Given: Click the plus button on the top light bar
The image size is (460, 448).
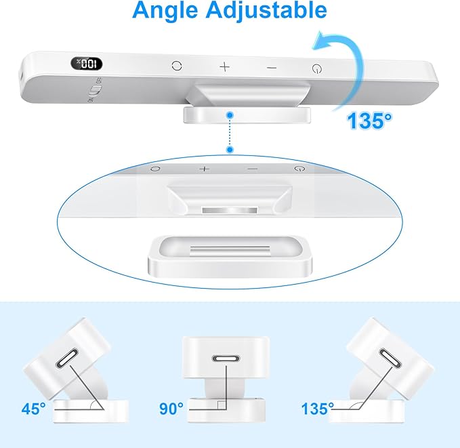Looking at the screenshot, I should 225,66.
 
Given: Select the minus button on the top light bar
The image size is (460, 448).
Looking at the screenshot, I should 272,67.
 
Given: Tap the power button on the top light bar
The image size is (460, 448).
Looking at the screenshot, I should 316,68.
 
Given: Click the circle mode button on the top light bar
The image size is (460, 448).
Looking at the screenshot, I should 177,66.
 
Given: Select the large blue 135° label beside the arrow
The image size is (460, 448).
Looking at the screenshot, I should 370,121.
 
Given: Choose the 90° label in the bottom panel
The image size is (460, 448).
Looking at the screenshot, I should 171,408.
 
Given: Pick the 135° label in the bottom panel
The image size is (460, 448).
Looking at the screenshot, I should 318,408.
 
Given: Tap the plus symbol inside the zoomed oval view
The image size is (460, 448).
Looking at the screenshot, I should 205,168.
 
